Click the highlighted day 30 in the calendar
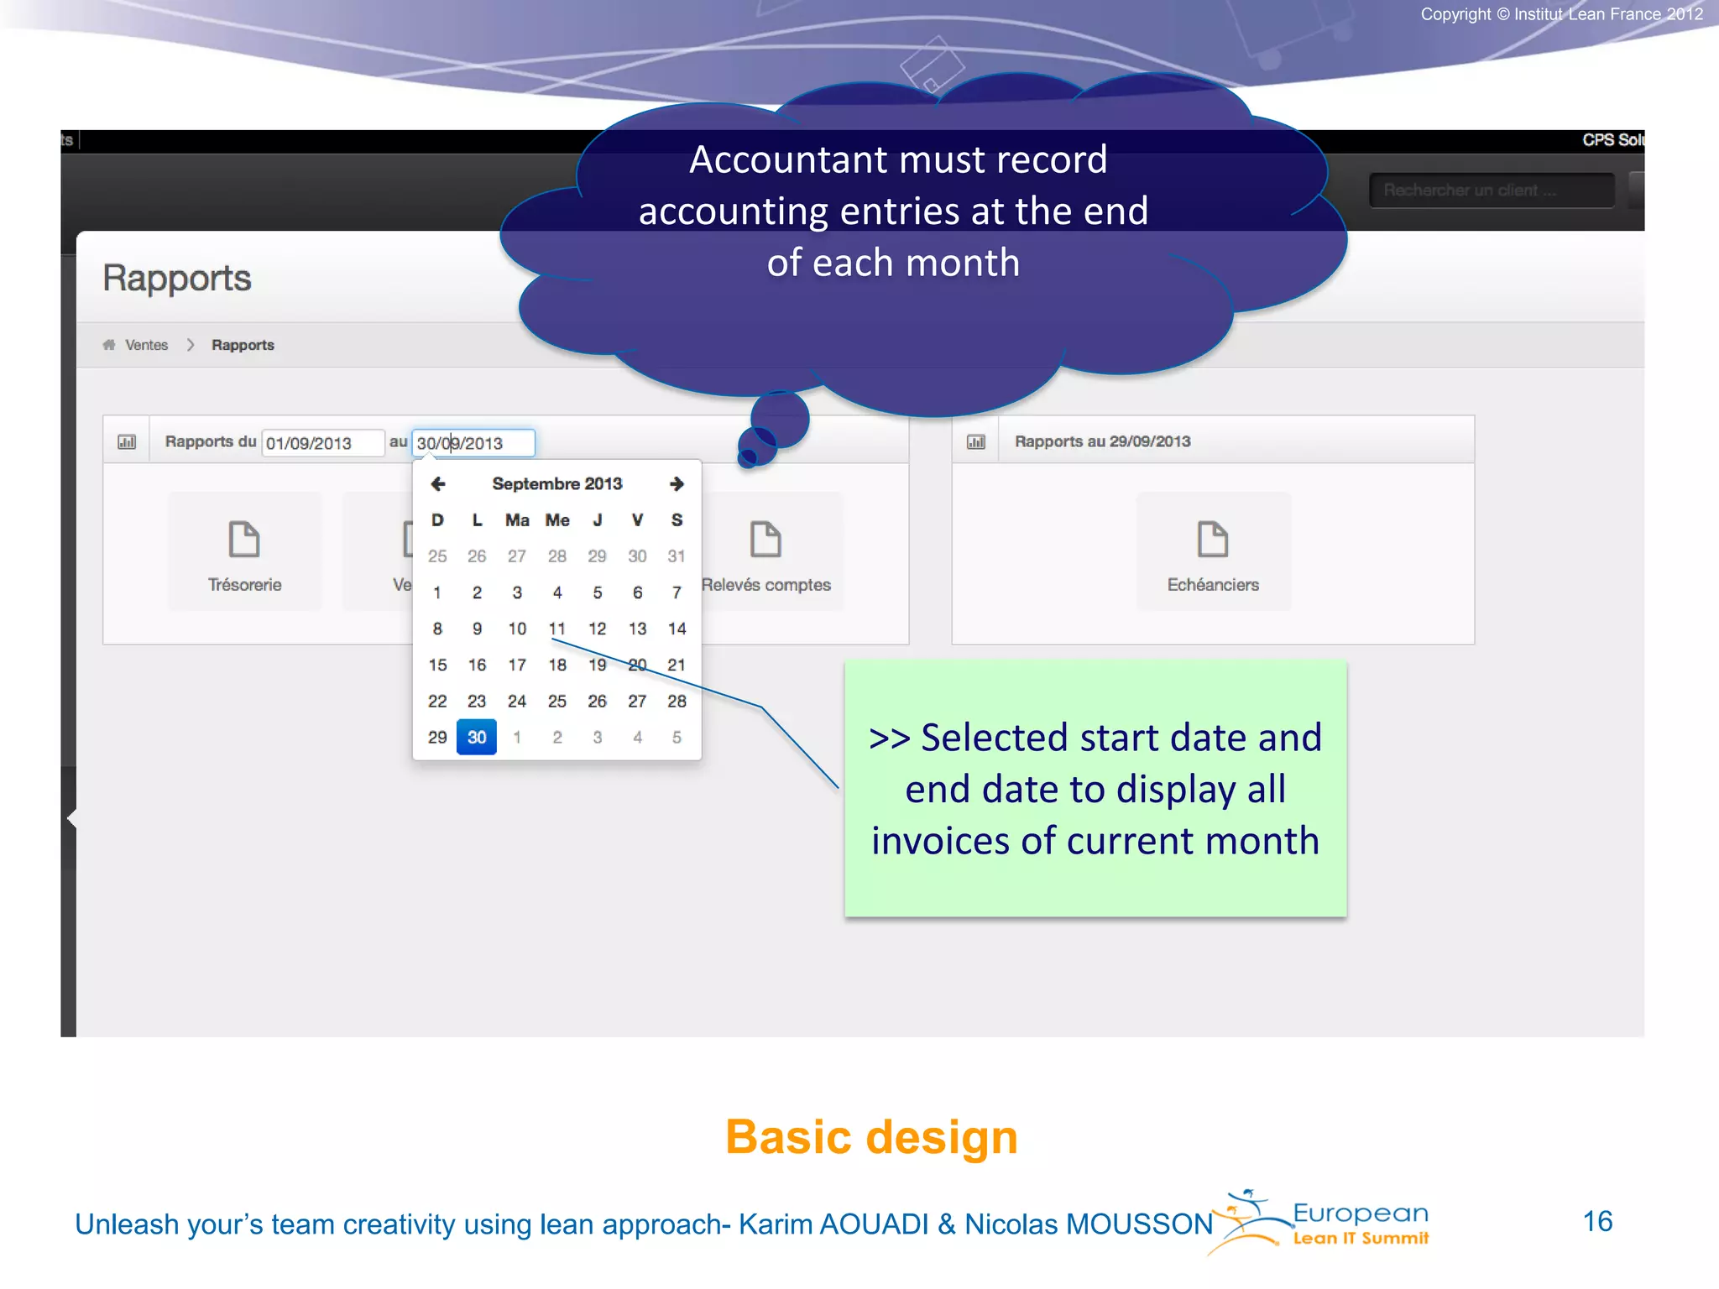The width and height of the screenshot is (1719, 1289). click(476, 737)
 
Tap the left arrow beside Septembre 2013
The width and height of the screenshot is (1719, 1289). click(437, 483)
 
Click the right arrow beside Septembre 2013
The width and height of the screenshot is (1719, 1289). click(677, 483)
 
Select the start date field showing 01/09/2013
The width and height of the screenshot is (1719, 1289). click(322, 443)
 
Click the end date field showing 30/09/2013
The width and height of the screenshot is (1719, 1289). click(473, 443)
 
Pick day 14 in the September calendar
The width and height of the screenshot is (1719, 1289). click(677, 629)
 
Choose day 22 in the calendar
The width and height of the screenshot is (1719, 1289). click(437, 701)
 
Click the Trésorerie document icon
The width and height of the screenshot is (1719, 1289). click(244, 540)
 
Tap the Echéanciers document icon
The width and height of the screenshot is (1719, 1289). click(1213, 540)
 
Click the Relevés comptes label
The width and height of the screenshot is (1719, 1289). click(766, 585)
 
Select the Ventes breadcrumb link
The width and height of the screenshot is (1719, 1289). click(146, 345)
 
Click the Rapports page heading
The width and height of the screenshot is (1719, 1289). click(177, 278)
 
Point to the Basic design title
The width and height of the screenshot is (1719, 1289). click(871, 1137)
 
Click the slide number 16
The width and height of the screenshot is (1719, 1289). click(1597, 1221)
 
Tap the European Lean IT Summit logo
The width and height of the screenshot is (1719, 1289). click(1326, 1224)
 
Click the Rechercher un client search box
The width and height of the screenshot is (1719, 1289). click(1491, 190)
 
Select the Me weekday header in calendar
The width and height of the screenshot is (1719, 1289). click(557, 520)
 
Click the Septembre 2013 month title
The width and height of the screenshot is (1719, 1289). click(557, 483)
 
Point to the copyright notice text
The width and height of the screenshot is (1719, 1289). click(1561, 14)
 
